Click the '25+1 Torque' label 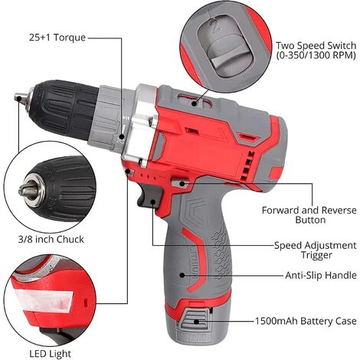tap(57, 38)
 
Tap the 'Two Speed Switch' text tap(316, 45)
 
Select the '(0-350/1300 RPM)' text tap(316, 55)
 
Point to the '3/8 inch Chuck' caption tap(51, 239)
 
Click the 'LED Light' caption tap(50, 354)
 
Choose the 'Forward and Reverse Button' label tap(309, 215)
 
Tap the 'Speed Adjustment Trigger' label tap(315, 250)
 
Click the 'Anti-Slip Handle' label tap(321, 275)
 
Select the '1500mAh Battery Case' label tap(306, 321)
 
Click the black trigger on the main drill tap(149, 195)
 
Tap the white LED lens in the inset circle tap(44, 302)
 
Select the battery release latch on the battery tap(195, 320)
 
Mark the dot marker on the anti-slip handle tap(182, 275)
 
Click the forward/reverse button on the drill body tap(180, 183)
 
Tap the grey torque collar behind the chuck tap(107, 117)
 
